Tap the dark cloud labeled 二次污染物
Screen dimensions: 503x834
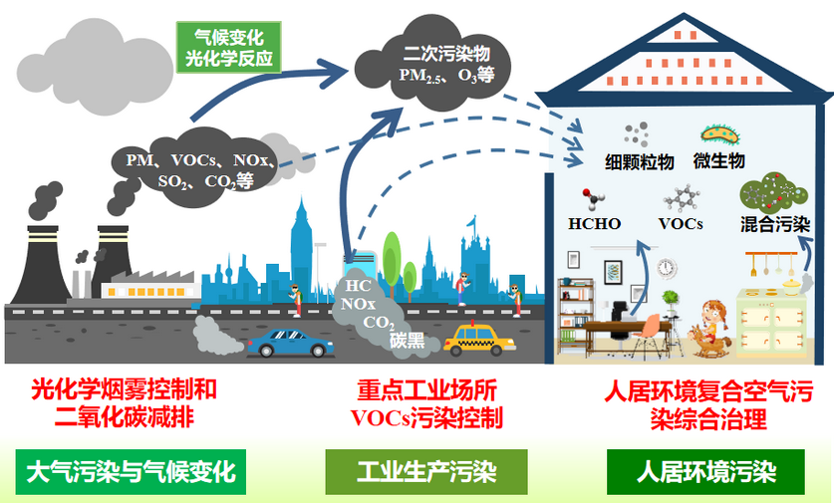click(x=438, y=62)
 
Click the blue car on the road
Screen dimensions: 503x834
click(x=289, y=345)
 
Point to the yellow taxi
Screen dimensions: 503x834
click(x=480, y=342)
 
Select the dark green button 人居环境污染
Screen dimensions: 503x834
click(x=706, y=470)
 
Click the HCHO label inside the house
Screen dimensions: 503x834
click(x=595, y=223)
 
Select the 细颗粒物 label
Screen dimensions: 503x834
click(x=639, y=161)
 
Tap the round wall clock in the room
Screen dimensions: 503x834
click(x=666, y=267)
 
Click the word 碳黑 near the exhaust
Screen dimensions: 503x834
click(x=407, y=342)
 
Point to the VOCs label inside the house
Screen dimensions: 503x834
click(x=681, y=223)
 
